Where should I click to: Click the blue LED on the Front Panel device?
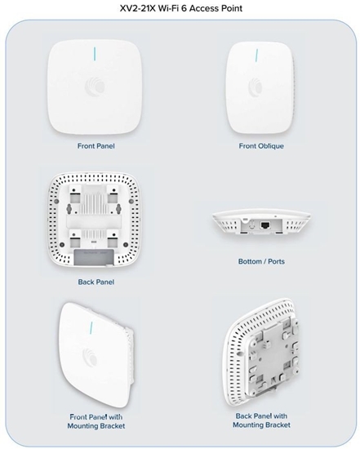pos(95,54)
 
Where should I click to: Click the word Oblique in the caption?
pos(272,147)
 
